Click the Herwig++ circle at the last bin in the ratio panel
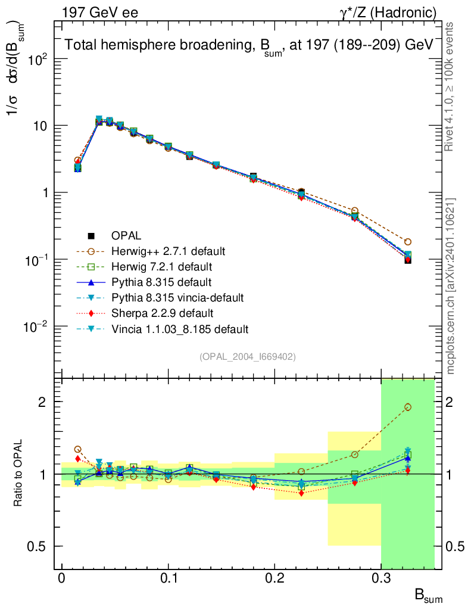pyautogui.click(x=408, y=407)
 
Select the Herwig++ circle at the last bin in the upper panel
pyautogui.click(x=408, y=242)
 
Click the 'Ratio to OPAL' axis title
pyautogui.click(x=18, y=474)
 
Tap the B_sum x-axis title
pyautogui.click(x=428, y=596)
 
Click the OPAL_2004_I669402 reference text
pyautogui.click(x=248, y=356)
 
